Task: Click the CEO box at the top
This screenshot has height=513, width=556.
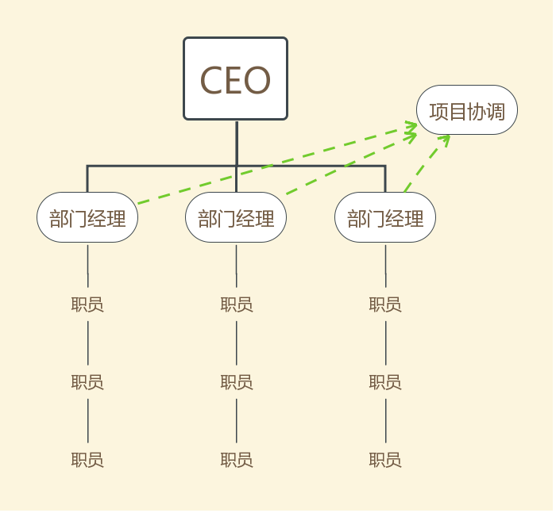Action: click(235, 78)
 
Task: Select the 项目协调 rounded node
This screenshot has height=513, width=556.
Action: click(467, 110)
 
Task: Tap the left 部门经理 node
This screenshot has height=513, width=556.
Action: click(87, 217)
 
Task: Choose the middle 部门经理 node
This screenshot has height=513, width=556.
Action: click(236, 217)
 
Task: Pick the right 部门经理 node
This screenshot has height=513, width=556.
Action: click(385, 217)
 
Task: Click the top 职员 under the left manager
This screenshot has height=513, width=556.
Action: click(87, 304)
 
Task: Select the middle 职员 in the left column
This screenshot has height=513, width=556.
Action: click(87, 382)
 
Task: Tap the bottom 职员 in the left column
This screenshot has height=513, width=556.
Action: click(87, 460)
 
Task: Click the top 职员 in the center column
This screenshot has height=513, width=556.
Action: click(236, 304)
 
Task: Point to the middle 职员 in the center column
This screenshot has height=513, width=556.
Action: click(236, 382)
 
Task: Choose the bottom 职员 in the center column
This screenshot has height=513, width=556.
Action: click(236, 460)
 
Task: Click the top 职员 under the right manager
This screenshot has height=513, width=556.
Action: click(385, 304)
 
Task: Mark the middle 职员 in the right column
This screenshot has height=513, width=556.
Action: click(385, 382)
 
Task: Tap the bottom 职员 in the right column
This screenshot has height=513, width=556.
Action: click(385, 460)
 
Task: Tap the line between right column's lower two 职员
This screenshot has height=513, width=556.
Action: click(385, 420)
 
